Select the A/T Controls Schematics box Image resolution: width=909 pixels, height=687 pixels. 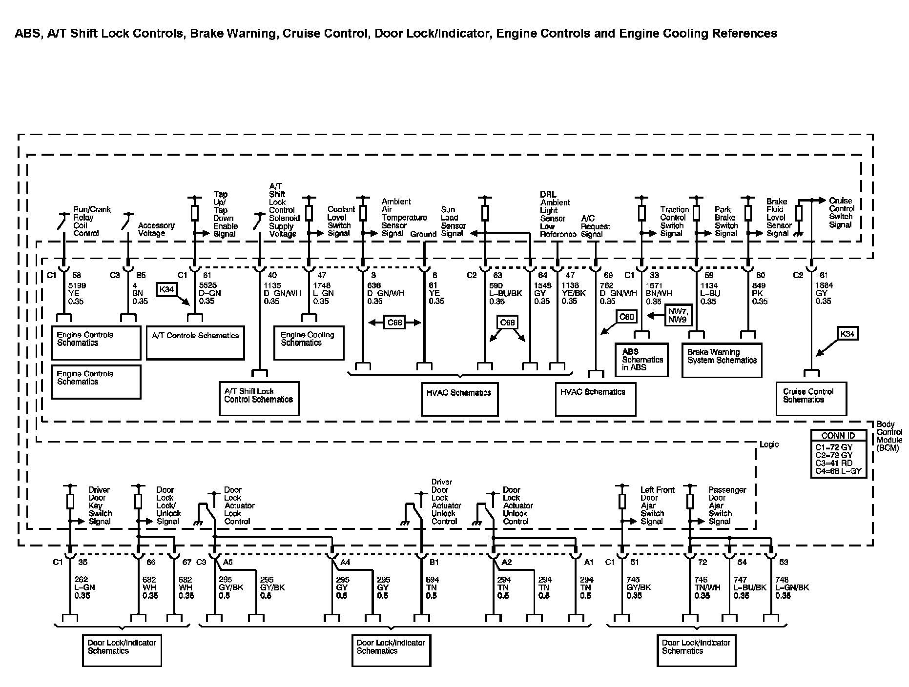tap(195, 343)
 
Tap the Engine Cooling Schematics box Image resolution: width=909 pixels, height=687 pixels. tap(309, 343)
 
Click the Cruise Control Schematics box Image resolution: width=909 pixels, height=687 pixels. tap(811, 399)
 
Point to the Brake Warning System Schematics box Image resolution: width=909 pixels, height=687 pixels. tap(722, 360)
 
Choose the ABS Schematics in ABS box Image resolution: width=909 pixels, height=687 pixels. tap(641, 360)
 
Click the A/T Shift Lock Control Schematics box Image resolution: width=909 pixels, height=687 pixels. tap(259, 399)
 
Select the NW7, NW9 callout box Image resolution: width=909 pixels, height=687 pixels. tap(678, 315)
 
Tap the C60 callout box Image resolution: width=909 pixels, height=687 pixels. tap(626, 317)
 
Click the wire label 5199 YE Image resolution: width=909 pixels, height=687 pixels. tap(76, 293)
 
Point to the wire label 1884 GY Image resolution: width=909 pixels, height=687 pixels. tap(823, 293)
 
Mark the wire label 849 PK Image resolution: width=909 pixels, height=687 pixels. tap(760, 293)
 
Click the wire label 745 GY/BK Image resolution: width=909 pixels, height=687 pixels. tap(639, 587)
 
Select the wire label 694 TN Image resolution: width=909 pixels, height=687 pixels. tap(432, 587)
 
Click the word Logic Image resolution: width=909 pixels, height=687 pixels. tap(769, 445)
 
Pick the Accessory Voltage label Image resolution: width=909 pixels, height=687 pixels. tap(156, 229)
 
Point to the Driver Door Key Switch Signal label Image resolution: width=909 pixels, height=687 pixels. tap(100, 505)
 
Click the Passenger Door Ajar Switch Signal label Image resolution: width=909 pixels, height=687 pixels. tap(727, 505)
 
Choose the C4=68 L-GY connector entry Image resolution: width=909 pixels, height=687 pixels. tap(838, 472)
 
